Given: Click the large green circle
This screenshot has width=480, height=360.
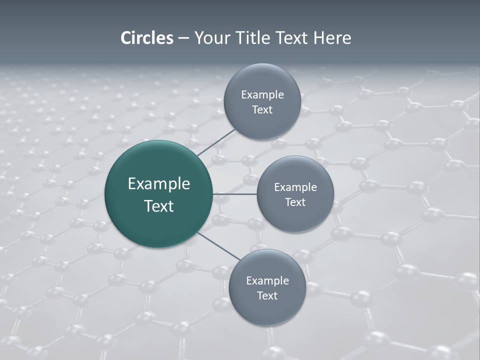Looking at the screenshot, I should point(158,194).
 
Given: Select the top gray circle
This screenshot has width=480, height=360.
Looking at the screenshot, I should point(262,101).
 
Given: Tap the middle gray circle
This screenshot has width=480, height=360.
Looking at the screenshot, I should point(295,194).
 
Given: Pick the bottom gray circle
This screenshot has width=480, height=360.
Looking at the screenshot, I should point(267,287).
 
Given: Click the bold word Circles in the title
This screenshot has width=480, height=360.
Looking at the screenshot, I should point(147,38).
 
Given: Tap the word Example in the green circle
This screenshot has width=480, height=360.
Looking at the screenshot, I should point(159,184).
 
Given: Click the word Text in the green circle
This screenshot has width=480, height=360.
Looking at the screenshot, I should point(159,206).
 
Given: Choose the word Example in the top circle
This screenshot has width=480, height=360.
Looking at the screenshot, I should point(262,94).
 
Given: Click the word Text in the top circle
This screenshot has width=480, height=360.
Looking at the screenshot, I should point(262,109).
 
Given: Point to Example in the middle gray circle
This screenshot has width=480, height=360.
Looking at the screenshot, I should point(295,187).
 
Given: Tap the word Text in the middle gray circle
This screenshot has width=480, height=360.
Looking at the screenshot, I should point(295,202).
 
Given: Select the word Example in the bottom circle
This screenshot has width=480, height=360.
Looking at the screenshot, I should point(267,280).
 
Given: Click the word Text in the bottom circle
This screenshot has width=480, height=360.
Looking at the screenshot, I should point(267,295).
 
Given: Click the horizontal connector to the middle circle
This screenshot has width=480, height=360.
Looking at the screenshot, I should point(235,194).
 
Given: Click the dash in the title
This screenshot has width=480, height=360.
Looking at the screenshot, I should point(183,38).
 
